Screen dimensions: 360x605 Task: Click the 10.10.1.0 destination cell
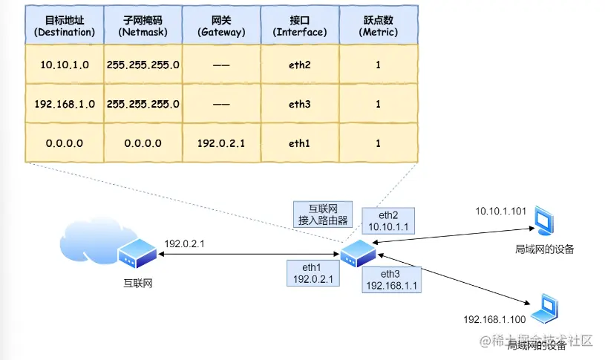coord(65,65)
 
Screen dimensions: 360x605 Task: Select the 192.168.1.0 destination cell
coord(65,104)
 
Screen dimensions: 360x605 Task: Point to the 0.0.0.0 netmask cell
coord(143,143)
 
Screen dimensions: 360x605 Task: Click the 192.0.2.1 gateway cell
coord(220,143)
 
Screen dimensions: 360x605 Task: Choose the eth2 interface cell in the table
coord(299,65)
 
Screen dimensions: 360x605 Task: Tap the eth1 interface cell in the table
coord(299,143)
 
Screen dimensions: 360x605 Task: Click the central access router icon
coord(359,255)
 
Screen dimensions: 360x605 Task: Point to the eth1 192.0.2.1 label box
coord(310,274)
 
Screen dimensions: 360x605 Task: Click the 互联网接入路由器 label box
coord(321,214)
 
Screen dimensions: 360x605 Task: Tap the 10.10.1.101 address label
coord(501,212)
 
